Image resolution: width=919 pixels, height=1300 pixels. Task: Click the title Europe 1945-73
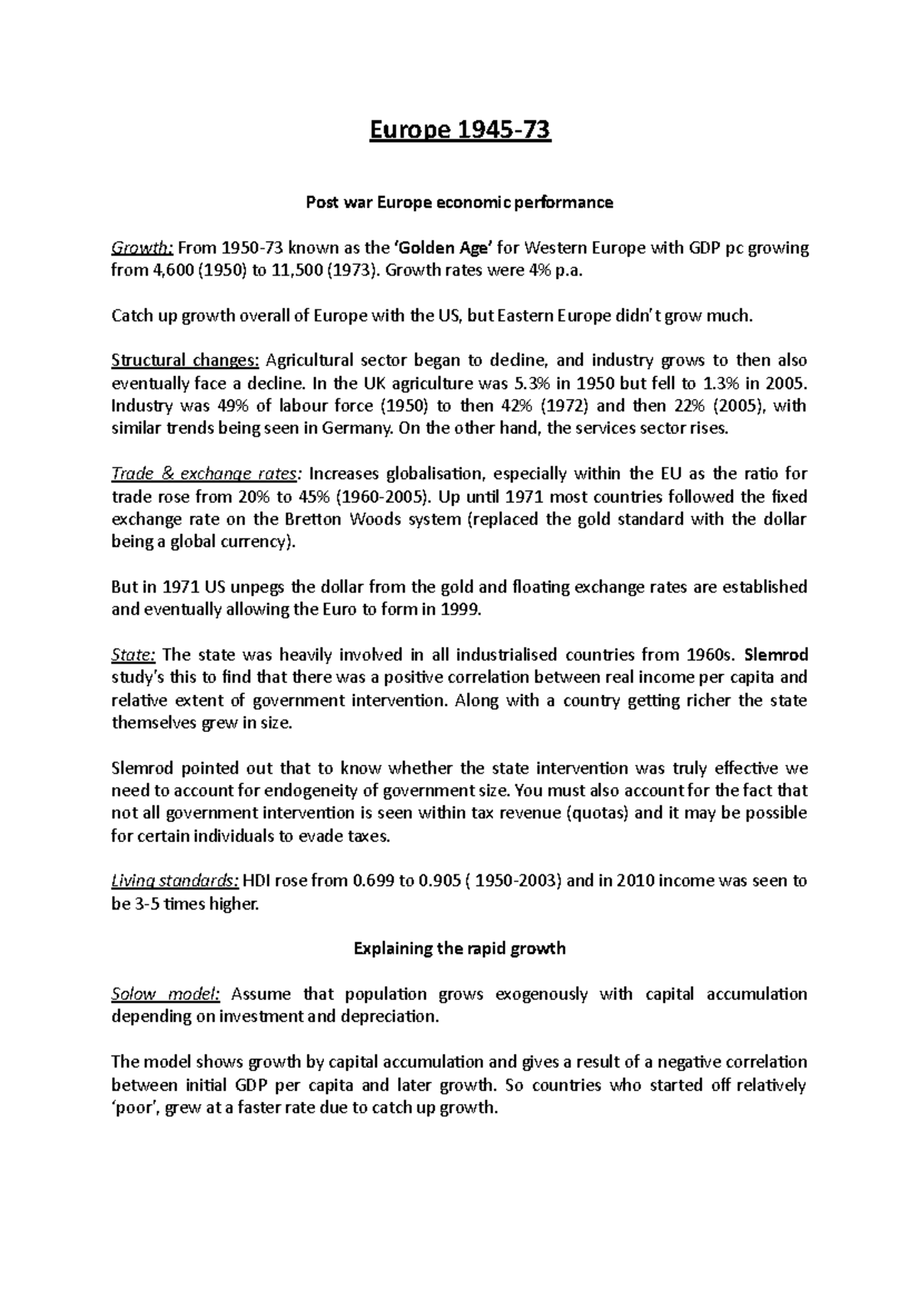click(459, 132)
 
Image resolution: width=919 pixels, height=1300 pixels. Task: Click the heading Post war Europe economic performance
click(459, 203)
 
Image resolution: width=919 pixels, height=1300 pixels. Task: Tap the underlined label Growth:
click(144, 248)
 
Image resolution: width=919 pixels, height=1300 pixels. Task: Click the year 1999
click(462, 610)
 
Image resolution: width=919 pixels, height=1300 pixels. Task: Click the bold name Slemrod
click(776, 655)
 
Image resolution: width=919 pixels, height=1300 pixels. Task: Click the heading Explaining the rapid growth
click(459, 949)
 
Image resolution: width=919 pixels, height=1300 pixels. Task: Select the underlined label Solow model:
click(166, 995)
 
